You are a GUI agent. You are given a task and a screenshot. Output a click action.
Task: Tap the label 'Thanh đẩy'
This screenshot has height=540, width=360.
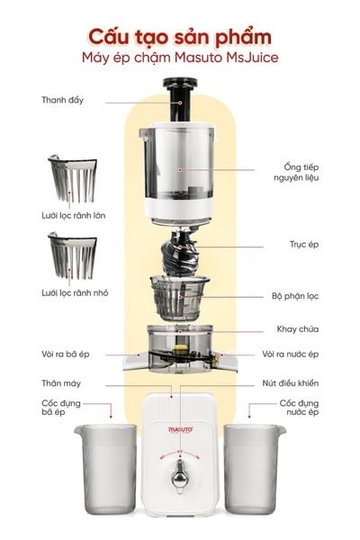tap(62, 100)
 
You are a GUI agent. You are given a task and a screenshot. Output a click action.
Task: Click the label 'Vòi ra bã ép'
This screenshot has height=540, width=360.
tap(67, 355)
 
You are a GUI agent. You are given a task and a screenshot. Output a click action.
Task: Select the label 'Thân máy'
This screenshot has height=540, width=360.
tap(61, 384)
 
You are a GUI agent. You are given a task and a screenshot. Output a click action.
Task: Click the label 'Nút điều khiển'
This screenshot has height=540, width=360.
tap(293, 384)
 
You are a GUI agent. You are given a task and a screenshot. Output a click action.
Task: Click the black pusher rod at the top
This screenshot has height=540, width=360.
tap(179, 94)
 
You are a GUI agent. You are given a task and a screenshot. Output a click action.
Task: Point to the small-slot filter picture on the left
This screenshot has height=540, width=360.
tap(71, 257)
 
